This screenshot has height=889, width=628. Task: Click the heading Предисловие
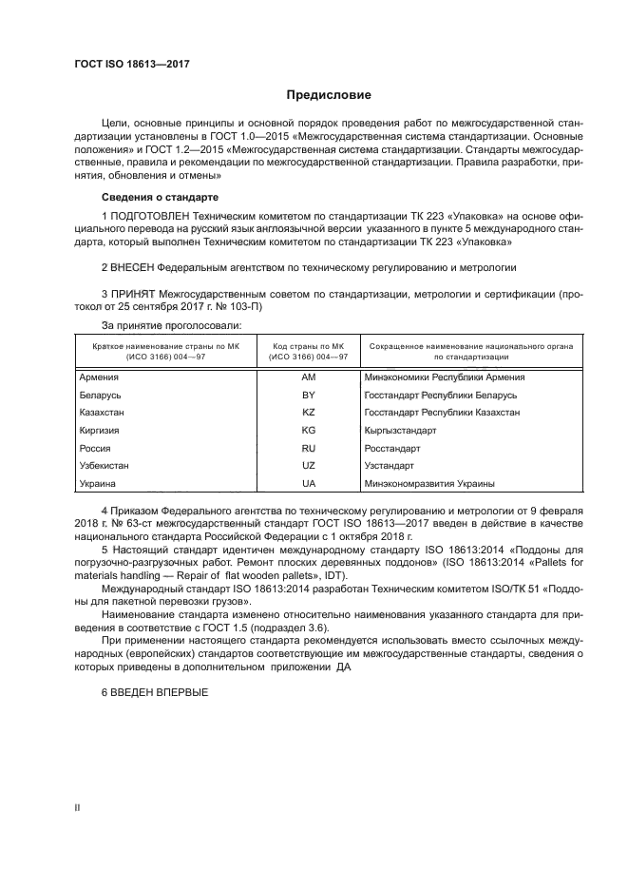click(329, 95)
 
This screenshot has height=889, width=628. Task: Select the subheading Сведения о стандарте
click(160, 196)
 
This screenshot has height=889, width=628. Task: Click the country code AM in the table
click(308, 377)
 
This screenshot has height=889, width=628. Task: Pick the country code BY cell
click(308, 395)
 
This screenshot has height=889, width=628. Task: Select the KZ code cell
click(308, 413)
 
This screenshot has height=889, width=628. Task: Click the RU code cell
click(308, 448)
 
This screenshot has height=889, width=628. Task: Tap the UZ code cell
click(308, 466)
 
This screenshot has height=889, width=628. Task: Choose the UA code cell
click(308, 484)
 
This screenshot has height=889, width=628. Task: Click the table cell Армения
click(100, 377)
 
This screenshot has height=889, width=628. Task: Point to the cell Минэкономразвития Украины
click(429, 484)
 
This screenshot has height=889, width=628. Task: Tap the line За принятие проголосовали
click(159, 325)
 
